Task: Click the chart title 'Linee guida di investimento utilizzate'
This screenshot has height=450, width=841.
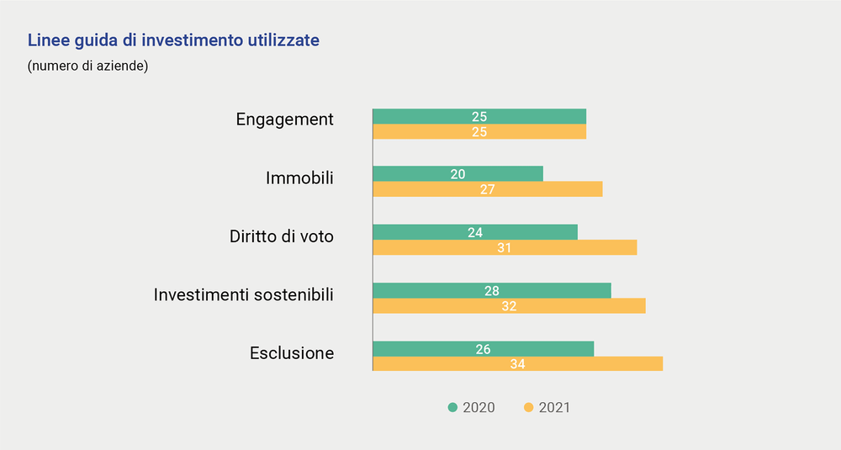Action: pyautogui.click(x=173, y=40)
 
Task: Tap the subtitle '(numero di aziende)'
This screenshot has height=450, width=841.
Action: pyautogui.click(x=87, y=66)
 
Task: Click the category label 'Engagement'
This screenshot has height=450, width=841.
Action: pyautogui.click(x=284, y=119)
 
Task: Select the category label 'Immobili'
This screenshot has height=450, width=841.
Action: pyautogui.click(x=299, y=178)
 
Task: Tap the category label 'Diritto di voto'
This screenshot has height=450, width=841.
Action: pyautogui.click(x=281, y=236)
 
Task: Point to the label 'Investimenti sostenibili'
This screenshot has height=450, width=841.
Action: pyautogui.click(x=243, y=295)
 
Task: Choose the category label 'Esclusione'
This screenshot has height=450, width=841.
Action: pyautogui.click(x=291, y=353)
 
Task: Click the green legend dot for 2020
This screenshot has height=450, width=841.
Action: pyautogui.click(x=452, y=408)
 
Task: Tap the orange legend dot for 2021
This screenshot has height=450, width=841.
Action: pyautogui.click(x=528, y=408)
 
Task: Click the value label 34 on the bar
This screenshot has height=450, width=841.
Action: pyautogui.click(x=517, y=364)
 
